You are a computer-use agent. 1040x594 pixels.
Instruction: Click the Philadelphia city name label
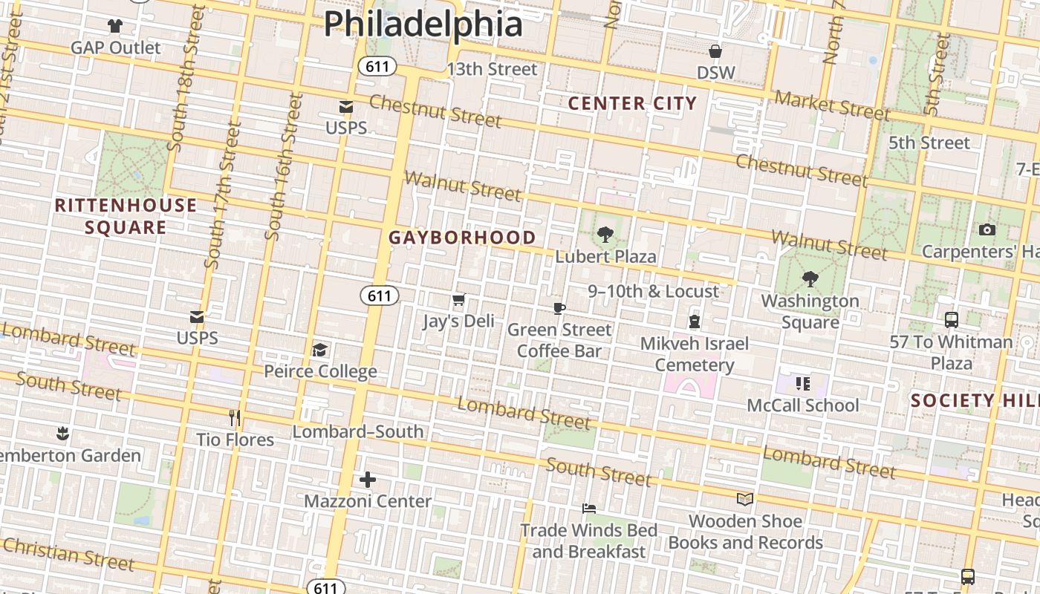point(423,24)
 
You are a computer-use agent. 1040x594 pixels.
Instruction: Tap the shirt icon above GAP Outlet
point(115,26)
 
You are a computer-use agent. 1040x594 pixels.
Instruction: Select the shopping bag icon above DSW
point(715,51)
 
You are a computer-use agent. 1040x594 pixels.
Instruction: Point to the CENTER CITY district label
point(633,103)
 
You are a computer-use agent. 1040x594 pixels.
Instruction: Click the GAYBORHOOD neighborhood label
point(462,238)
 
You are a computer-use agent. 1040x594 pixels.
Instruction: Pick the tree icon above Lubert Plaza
point(605,235)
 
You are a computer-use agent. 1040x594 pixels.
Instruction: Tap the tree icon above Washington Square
point(810,280)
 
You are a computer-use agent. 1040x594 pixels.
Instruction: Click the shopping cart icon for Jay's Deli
point(458,301)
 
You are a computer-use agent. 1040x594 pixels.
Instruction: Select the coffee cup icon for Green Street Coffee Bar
point(559,308)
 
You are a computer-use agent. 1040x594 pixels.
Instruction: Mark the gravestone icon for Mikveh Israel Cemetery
point(695,322)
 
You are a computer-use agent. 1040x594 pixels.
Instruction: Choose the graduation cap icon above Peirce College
point(320,350)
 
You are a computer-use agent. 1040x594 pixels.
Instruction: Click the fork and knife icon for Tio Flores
point(235,418)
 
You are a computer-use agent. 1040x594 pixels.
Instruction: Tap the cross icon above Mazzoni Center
point(368,480)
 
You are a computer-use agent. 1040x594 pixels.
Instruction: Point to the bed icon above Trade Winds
point(589,509)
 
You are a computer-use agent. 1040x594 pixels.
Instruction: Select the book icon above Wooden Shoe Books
point(745,499)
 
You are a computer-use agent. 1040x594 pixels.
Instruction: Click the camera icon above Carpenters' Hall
point(987,229)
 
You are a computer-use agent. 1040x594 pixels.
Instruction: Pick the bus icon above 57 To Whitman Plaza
point(952,320)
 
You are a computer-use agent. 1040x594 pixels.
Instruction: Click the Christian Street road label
point(68,554)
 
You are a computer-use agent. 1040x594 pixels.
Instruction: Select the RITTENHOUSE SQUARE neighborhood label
point(126,216)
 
